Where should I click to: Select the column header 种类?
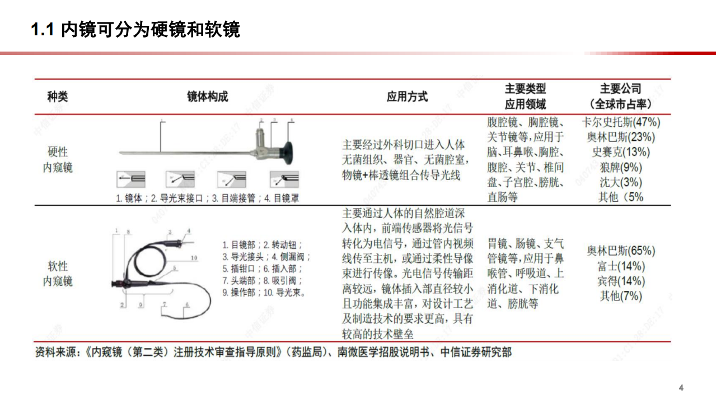(57, 96)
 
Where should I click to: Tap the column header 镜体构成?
(208, 96)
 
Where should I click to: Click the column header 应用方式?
(407, 96)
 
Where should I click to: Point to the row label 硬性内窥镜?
(58, 159)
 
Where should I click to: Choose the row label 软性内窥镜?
(58, 274)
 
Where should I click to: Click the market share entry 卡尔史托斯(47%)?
(621, 122)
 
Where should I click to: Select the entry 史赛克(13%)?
(621, 152)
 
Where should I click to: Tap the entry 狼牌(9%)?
(621, 167)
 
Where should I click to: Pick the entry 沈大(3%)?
(621, 182)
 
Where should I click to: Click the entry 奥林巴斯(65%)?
(621, 251)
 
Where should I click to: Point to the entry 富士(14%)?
(621, 266)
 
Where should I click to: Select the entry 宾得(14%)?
(621, 281)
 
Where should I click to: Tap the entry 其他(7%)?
(621, 296)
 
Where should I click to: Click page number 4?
(681, 387)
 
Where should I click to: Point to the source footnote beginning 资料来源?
(273, 353)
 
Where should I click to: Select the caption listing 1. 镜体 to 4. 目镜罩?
(207, 198)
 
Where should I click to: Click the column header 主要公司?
(621, 89)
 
